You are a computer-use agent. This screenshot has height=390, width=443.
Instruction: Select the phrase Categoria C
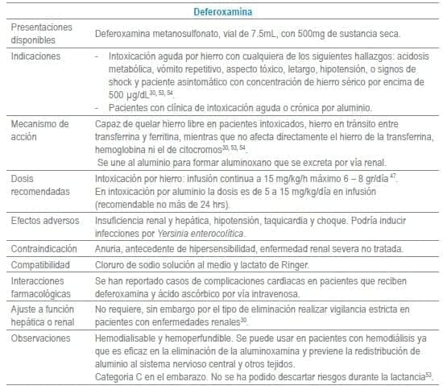tap(123, 375)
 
